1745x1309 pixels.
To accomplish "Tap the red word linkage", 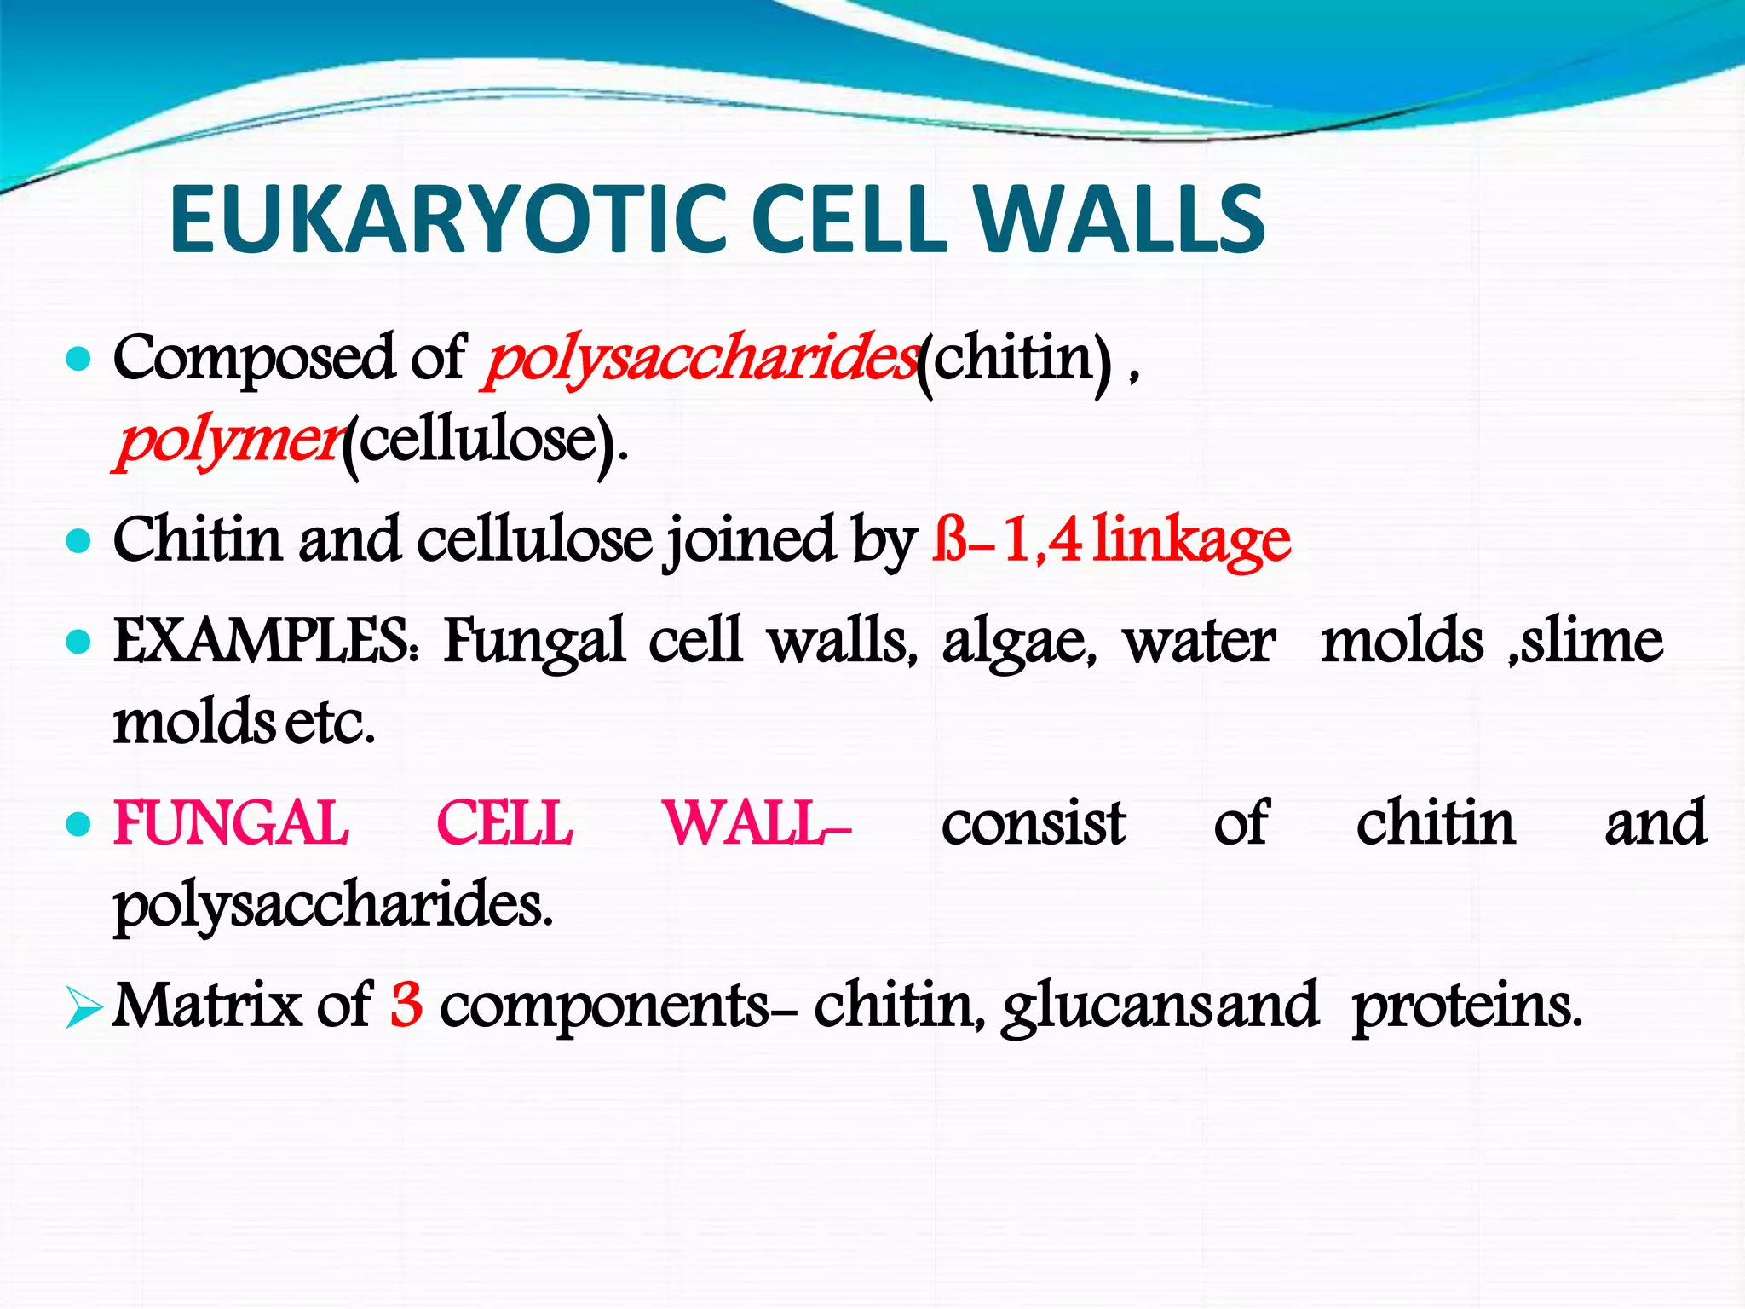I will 1192,540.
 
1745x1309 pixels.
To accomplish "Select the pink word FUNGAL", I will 231,823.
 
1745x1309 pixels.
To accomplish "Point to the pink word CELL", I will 504,823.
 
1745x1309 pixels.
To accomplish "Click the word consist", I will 1034,823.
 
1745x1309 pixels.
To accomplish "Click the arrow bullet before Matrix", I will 82,1009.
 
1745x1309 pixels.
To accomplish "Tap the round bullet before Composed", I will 78,360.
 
